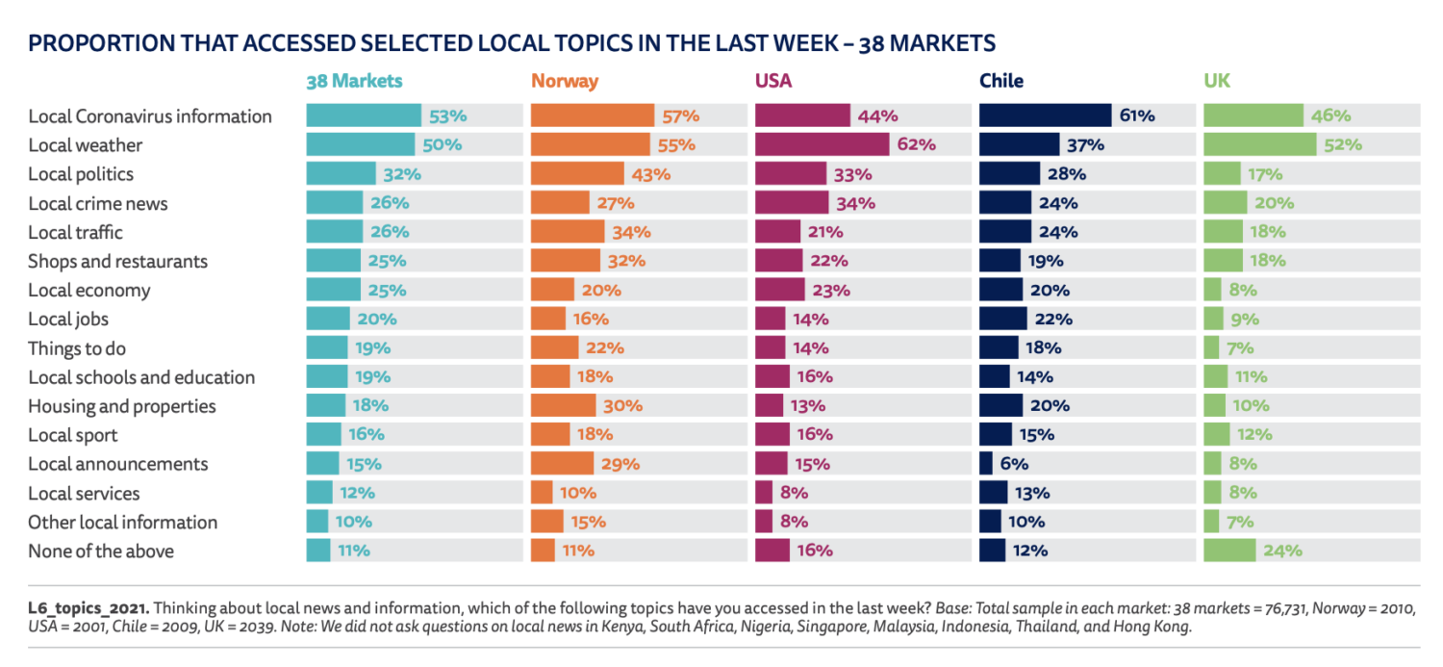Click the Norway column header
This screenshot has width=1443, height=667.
564,82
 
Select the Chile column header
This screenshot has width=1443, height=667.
1000,82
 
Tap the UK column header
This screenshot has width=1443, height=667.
1216,82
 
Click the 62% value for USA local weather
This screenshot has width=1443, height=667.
916,145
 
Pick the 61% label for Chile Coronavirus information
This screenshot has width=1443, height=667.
1136,116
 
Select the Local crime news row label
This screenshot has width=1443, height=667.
97,203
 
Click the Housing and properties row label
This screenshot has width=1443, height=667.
121,406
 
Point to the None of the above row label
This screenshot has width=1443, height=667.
100,552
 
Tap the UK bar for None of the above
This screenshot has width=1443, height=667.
1229,551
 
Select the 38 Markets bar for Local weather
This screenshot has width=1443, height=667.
361,145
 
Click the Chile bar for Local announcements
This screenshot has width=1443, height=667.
986,464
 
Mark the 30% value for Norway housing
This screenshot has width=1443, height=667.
622,406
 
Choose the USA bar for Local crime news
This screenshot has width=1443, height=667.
792,203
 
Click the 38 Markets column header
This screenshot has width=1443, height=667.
353,82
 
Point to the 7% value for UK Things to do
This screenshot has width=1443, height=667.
1240,348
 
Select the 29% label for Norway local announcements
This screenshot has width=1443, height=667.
620,464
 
